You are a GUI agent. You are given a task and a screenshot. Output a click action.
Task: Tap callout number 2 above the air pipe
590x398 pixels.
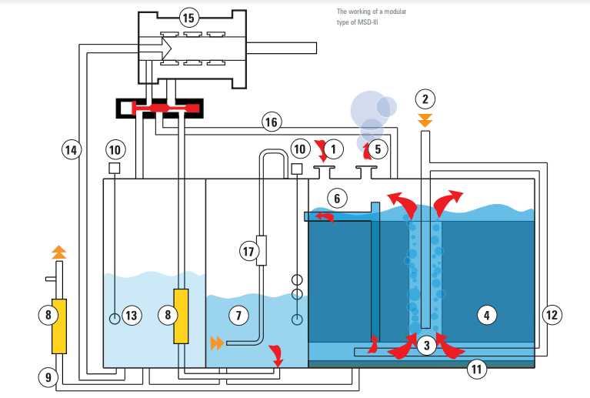pyautogui.click(x=425, y=99)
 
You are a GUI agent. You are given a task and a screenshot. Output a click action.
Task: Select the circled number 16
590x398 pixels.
pyautogui.click(x=271, y=122)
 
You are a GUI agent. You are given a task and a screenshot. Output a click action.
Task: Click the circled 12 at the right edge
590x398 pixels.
pyautogui.click(x=552, y=314)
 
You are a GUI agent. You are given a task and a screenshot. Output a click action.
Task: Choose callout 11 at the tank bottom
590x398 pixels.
pyautogui.click(x=477, y=370)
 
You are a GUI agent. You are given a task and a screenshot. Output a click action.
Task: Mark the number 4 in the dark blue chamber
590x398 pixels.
pyautogui.click(x=486, y=314)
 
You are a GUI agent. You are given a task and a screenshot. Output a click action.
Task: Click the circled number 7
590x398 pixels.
pyautogui.click(x=239, y=314)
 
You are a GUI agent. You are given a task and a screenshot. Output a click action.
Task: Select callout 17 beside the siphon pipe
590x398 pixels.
pyautogui.click(x=248, y=251)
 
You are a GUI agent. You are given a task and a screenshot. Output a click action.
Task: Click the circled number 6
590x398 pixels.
pyautogui.click(x=336, y=198)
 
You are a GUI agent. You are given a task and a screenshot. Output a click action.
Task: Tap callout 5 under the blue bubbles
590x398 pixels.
pyautogui.click(x=377, y=148)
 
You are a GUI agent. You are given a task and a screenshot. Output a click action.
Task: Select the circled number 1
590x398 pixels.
pyautogui.click(x=333, y=148)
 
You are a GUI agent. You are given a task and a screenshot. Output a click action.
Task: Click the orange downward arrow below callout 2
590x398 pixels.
pyautogui.click(x=425, y=120)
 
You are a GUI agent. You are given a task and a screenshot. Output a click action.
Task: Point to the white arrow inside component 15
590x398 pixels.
pyautogui.click(x=158, y=48)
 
